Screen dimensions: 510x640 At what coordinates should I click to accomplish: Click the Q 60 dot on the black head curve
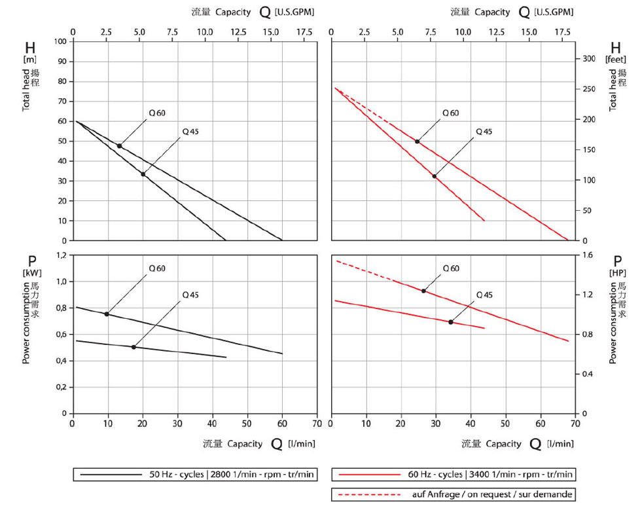(x=119, y=146)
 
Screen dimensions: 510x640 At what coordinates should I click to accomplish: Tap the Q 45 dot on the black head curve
(x=143, y=174)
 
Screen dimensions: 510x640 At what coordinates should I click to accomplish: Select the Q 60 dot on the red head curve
(x=417, y=141)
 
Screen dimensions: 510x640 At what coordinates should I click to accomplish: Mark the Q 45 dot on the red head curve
(x=435, y=176)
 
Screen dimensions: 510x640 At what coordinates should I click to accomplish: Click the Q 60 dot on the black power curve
(x=107, y=314)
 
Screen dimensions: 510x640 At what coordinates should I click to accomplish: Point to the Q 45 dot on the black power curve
(x=133, y=347)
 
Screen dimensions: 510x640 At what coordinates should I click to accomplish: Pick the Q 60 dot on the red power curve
(x=423, y=291)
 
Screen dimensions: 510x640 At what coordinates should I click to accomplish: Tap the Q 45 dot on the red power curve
(x=451, y=322)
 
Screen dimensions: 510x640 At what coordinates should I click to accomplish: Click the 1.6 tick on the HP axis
(x=587, y=255)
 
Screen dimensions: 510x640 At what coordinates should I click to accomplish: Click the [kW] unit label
(x=31, y=272)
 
